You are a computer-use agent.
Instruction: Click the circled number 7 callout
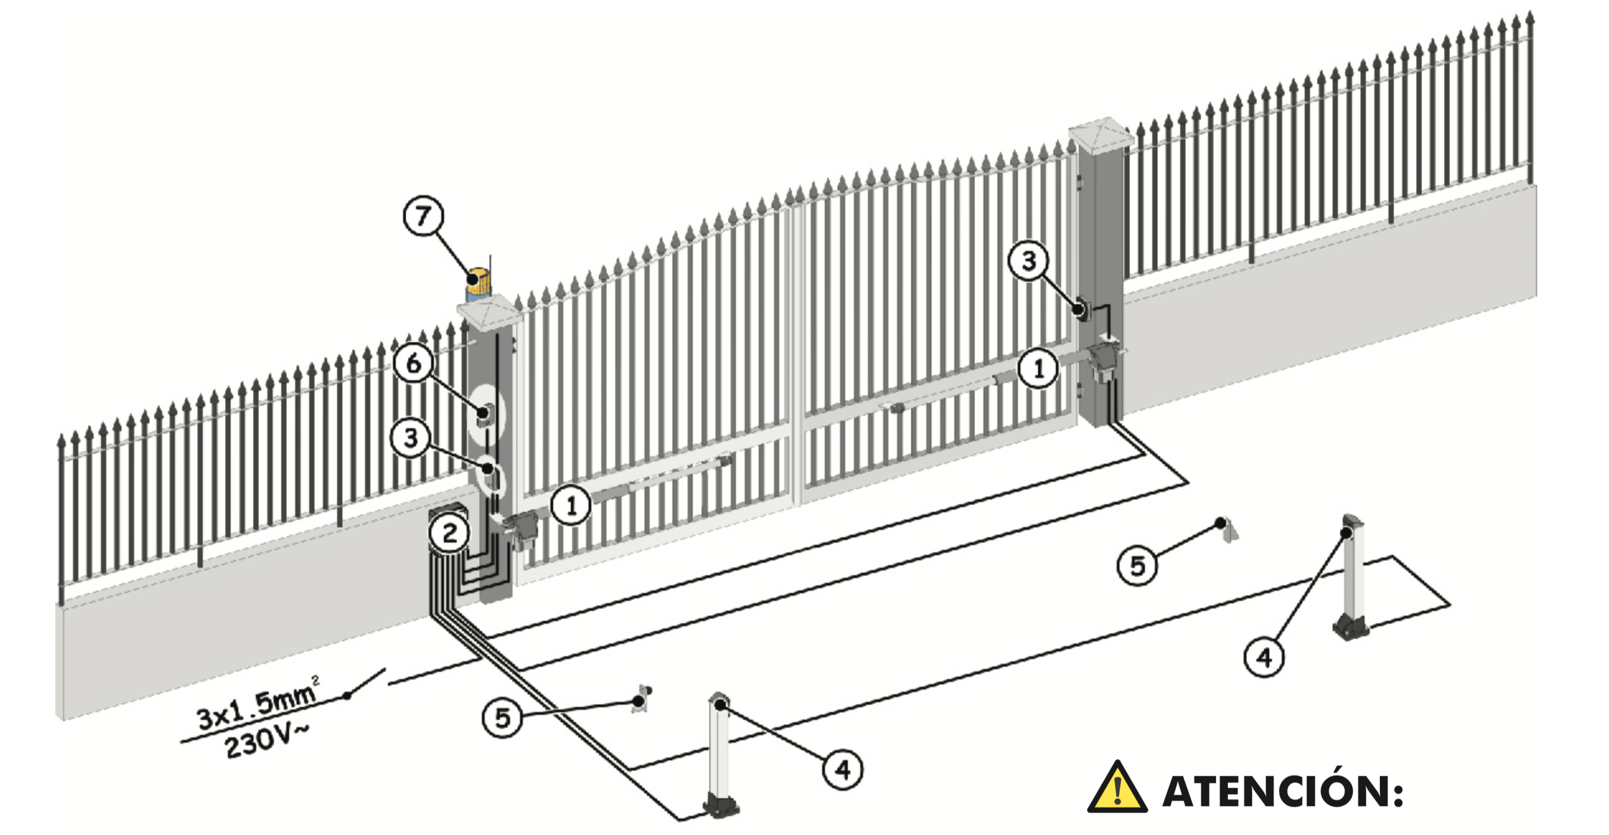point(423,216)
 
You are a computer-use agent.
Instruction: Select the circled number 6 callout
point(413,363)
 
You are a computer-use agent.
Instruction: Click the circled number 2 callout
point(449,533)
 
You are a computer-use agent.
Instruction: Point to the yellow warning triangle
point(1117,787)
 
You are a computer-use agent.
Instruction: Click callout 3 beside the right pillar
point(1029,260)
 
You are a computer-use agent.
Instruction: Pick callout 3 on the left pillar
point(410,438)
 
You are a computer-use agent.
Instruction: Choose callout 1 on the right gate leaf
point(1038,369)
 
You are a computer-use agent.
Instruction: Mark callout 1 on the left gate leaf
point(571,505)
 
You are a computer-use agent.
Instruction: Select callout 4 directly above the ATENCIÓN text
point(1264,657)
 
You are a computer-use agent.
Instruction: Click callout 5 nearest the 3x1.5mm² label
point(502,718)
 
